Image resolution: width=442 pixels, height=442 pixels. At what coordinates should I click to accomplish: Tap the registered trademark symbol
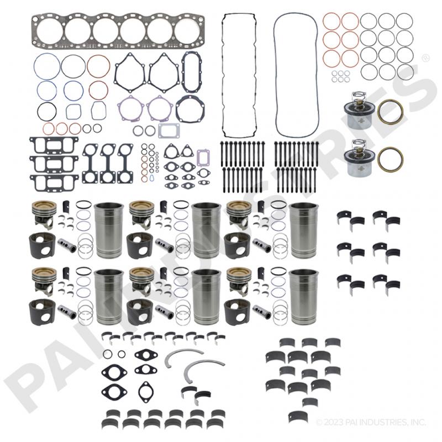tap(425, 57)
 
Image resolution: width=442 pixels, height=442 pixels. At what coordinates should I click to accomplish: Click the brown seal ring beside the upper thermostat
tap(390, 111)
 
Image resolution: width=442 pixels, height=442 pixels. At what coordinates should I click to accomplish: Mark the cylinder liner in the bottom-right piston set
tap(303, 297)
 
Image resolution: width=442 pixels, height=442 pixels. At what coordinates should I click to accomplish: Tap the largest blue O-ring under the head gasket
tap(46, 67)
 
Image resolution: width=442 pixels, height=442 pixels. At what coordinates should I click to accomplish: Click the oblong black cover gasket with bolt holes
tap(192, 72)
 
